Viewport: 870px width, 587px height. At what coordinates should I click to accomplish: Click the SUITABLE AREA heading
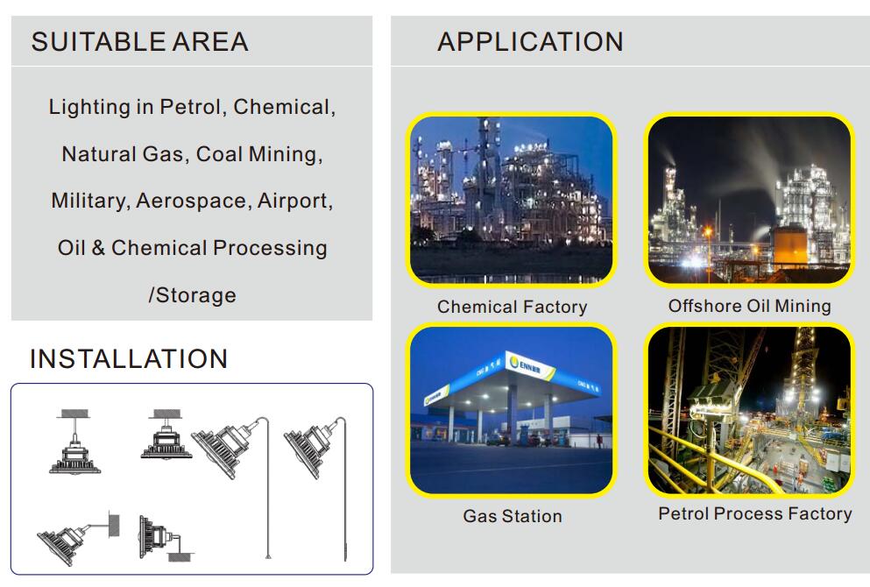tap(140, 42)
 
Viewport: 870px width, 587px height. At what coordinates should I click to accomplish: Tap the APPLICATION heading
tap(530, 42)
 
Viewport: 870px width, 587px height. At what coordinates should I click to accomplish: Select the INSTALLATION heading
tap(129, 359)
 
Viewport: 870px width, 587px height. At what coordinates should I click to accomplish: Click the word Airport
tap(294, 201)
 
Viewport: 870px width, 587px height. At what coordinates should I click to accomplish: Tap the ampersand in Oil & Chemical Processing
tap(98, 247)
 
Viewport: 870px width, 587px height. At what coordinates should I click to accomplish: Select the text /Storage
tap(192, 295)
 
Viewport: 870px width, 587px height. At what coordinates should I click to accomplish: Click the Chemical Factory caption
tap(513, 307)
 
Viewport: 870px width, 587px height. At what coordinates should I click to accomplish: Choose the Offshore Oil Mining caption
tap(750, 306)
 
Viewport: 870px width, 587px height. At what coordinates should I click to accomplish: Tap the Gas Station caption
tap(513, 516)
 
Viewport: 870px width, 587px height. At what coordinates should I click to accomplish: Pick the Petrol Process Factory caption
tap(755, 513)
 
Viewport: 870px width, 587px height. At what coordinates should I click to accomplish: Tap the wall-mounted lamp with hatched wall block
tap(78, 537)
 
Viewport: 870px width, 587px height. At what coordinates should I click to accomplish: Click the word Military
tap(88, 201)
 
